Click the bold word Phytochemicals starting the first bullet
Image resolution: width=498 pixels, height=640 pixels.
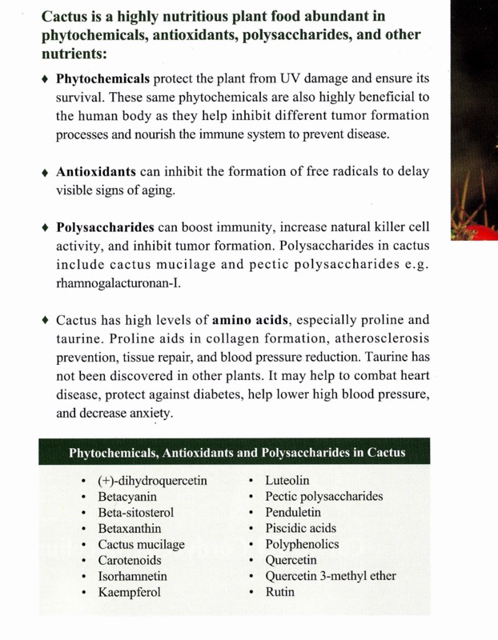point(102,81)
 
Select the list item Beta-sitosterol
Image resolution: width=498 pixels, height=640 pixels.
point(135,512)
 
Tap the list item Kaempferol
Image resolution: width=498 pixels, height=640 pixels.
point(130,593)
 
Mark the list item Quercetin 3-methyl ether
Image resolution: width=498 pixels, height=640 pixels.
point(331,576)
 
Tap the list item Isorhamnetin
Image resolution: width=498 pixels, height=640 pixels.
point(132,576)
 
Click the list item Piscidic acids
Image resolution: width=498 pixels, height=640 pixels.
point(300,528)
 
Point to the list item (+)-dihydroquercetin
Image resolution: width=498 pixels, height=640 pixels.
point(153,480)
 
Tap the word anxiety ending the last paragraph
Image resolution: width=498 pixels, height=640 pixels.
point(150,414)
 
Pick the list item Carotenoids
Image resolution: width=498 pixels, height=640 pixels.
point(131,560)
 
